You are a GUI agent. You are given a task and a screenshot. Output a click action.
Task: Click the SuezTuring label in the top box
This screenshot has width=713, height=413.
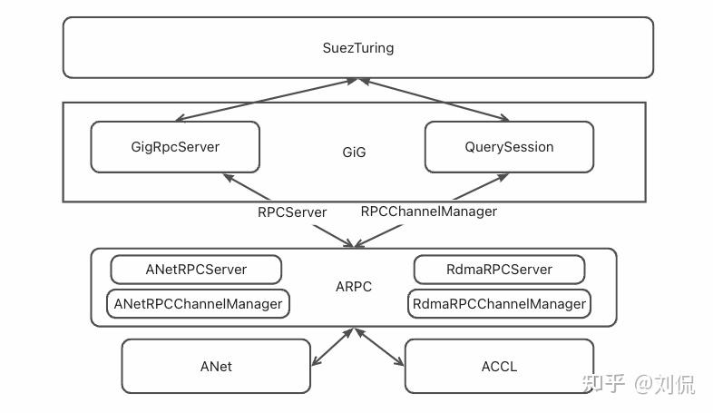[x=358, y=47]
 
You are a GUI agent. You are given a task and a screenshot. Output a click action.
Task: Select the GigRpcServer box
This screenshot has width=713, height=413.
[x=174, y=146]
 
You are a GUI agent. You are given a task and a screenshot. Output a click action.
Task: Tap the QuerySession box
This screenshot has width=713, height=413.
[x=509, y=146]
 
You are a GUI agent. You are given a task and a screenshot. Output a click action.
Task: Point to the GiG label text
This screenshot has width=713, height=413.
[x=354, y=152]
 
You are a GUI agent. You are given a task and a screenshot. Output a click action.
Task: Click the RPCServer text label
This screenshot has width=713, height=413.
[x=292, y=211]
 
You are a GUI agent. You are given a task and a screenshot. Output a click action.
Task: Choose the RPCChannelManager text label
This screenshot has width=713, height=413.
[x=428, y=211]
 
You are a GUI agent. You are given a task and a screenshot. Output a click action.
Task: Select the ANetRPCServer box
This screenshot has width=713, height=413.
[x=196, y=270]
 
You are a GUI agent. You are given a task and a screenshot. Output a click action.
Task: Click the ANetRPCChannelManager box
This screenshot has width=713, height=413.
[x=198, y=303]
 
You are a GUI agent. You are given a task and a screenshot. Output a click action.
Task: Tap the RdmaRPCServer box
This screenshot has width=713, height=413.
[x=498, y=270]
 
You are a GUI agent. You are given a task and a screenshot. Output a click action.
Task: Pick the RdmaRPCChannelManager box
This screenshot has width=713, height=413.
[x=499, y=303]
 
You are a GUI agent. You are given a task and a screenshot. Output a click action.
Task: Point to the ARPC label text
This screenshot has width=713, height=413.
[x=354, y=287]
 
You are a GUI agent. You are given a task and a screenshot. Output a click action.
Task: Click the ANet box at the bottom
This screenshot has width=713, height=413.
[x=215, y=367]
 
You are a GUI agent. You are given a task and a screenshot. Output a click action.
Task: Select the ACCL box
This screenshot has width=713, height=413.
[x=499, y=367]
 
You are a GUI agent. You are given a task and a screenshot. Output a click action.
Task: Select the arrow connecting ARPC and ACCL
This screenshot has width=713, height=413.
[x=379, y=347]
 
